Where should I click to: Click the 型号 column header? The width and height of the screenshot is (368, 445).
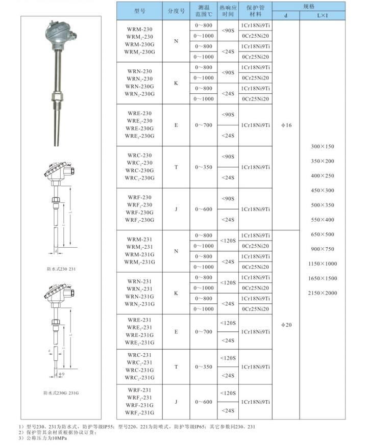[x=139, y=11]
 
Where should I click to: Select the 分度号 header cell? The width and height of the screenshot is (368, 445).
[x=176, y=11]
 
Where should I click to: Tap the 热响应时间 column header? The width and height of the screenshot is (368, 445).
[x=228, y=11]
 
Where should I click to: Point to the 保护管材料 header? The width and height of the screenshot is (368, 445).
[x=256, y=11]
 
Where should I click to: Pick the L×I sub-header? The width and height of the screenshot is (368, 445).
[x=323, y=15]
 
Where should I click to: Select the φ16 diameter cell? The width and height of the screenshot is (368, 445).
[x=286, y=125]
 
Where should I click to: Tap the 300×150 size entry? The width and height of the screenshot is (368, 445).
[x=322, y=147]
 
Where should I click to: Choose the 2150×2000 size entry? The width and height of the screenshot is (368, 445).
[x=322, y=293]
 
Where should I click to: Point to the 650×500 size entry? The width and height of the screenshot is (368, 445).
[x=322, y=234]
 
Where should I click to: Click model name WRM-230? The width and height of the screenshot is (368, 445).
[x=139, y=29]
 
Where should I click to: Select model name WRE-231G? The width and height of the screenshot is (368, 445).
[x=139, y=335]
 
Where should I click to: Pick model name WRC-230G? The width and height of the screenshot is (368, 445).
[x=139, y=170]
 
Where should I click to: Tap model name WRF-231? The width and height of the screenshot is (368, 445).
[x=139, y=390]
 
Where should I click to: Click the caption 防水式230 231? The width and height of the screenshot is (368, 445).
[x=62, y=269]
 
